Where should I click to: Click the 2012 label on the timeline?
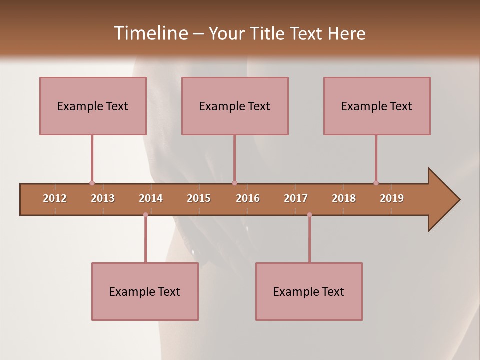55,198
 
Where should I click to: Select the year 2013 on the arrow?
103,198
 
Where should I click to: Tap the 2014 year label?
151,198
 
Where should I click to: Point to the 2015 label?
199,198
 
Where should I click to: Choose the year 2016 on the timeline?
248,198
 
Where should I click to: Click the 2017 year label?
296,198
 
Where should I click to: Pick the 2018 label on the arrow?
344,198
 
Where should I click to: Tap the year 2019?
392,198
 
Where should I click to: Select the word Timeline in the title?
149,33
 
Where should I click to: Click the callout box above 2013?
93,106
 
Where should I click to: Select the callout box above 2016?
235,106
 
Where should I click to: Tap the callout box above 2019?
377,106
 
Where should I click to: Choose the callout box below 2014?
145,291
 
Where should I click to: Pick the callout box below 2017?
309,291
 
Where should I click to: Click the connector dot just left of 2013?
92,183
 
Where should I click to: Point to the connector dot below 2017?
309,215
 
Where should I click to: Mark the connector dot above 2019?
376,183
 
